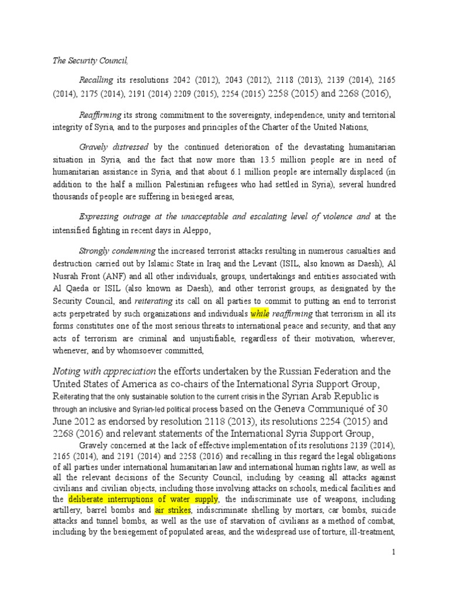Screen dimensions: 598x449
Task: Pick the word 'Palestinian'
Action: (x=185, y=184)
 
